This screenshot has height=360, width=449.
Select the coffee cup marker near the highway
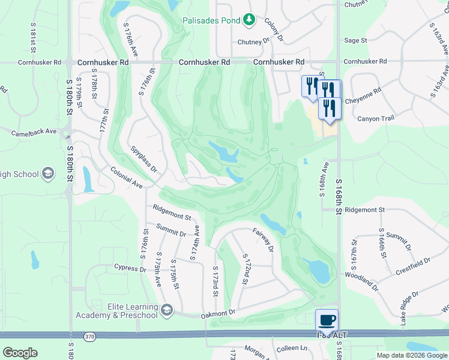pyautogui.click(x=327, y=320)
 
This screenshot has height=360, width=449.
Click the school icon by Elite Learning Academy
pyautogui.click(x=167, y=310)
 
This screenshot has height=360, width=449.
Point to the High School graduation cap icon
pyautogui.click(x=48, y=174)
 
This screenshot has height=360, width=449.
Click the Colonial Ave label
pyautogui.click(x=126, y=178)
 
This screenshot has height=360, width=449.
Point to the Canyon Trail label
pyautogui.click(x=376, y=118)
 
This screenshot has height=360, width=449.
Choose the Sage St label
pyautogui.click(x=355, y=40)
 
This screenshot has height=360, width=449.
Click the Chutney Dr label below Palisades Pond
pyautogui.click(x=253, y=42)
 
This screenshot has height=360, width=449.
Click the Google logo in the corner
pyautogui.click(x=20, y=353)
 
